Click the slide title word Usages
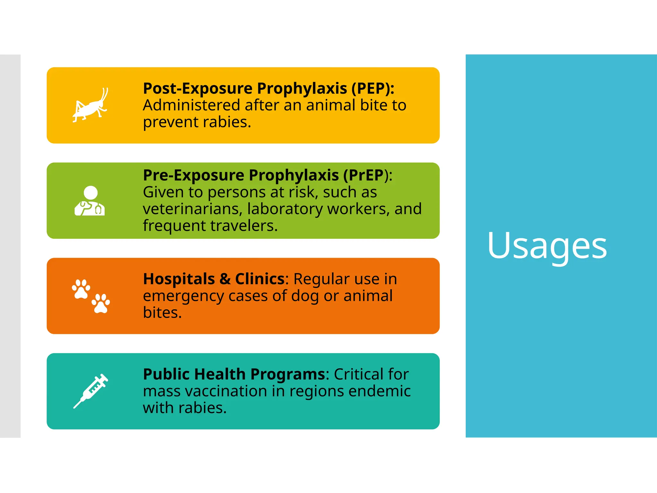click(x=547, y=246)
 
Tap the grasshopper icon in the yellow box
click(x=90, y=105)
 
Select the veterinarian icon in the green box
click(x=90, y=201)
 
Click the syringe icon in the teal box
click(x=91, y=391)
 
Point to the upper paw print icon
click(x=81, y=289)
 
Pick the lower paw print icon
click(x=101, y=303)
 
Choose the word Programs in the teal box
click(x=288, y=374)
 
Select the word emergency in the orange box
click(x=183, y=296)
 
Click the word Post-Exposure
click(x=198, y=88)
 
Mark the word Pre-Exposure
click(x=193, y=175)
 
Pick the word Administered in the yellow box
click(x=191, y=105)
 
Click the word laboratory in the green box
click(x=285, y=209)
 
